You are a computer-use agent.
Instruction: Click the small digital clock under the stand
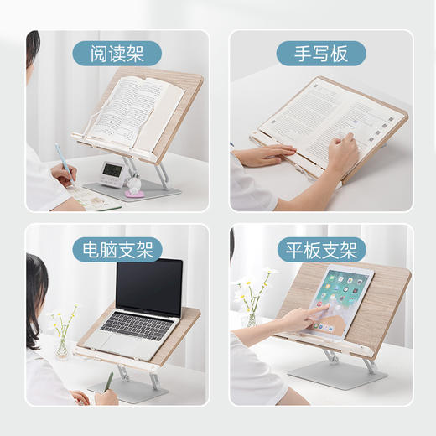click(x=112, y=172)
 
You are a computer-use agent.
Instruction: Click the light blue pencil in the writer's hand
click(x=63, y=163)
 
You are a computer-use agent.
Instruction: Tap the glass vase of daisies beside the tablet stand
click(x=250, y=317)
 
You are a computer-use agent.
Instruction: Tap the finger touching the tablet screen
click(x=320, y=309)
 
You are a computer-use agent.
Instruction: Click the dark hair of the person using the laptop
click(x=38, y=285)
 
